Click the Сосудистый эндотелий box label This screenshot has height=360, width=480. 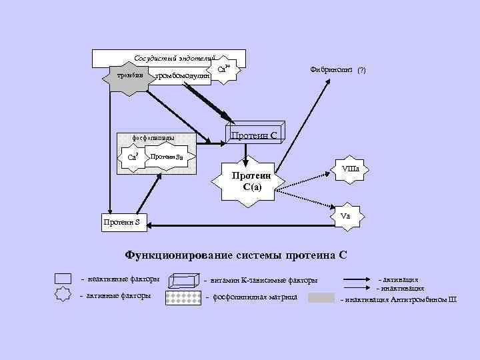174,58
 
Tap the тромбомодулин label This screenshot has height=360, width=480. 182,76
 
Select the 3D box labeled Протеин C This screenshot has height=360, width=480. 255,133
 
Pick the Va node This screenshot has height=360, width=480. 345,217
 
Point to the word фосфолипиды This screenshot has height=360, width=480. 154,139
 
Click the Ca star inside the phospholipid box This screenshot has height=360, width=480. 133,157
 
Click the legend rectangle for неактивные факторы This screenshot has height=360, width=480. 63,279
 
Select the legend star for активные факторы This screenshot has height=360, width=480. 63,295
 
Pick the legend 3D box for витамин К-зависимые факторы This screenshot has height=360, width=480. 183,280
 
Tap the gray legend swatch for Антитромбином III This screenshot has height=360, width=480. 321,297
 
